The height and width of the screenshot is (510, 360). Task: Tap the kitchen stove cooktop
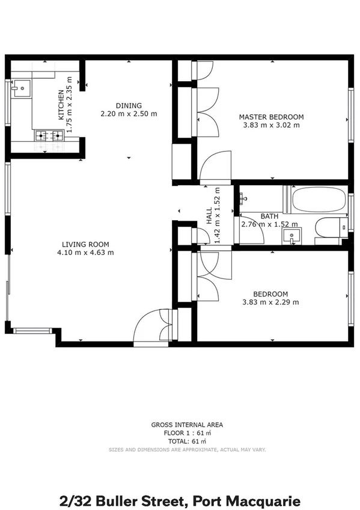(49, 135)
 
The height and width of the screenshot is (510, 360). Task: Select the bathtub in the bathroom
(319, 200)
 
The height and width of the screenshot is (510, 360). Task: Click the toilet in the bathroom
(328, 229)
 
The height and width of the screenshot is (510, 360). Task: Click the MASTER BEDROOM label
(271, 117)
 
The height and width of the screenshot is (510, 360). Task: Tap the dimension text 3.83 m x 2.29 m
(270, 302)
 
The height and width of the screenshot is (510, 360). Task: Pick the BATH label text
(269, 217)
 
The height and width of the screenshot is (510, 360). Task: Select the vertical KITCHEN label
(61, 105)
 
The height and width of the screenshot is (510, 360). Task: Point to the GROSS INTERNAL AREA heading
(187, 425)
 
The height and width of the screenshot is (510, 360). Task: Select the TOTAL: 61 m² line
(187, 441)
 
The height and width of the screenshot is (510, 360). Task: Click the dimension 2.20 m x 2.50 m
(128, 113)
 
